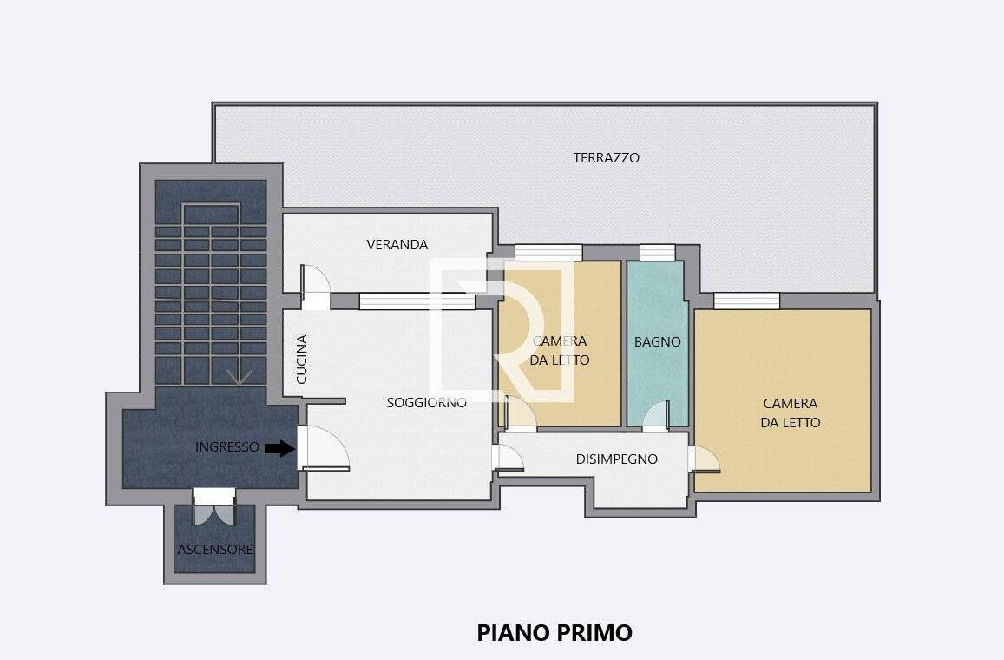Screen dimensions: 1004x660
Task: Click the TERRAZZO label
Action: coord(606,158)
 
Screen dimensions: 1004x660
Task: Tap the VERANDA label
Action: coord(397,244)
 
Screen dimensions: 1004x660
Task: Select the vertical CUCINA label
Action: coord(302,359)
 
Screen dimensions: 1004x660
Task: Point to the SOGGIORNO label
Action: coord(426,402)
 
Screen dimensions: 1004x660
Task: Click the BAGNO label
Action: coord(657,342)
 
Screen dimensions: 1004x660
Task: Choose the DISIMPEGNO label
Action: coord(617,459)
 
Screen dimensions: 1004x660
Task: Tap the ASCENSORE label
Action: coord(215,549)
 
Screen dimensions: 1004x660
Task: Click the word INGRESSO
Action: coord(227,446)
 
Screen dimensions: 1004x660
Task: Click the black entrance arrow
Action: coord(279,448)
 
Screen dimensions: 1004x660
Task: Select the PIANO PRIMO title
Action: coord(554,632)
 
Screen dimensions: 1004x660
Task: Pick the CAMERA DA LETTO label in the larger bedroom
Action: coord(791,412)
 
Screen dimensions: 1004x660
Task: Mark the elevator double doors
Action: coord(214,507)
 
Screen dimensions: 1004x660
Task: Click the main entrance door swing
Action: coord(324,448)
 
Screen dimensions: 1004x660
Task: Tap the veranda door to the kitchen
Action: coord(315,287)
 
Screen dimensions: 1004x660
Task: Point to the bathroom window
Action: coord(658,253)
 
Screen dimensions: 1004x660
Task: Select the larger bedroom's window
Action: coord(746,300)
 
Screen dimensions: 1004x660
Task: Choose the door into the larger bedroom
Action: coord(704,459)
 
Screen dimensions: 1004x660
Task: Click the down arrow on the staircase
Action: coord(238,377)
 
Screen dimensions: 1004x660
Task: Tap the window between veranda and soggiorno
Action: coord(417,301)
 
